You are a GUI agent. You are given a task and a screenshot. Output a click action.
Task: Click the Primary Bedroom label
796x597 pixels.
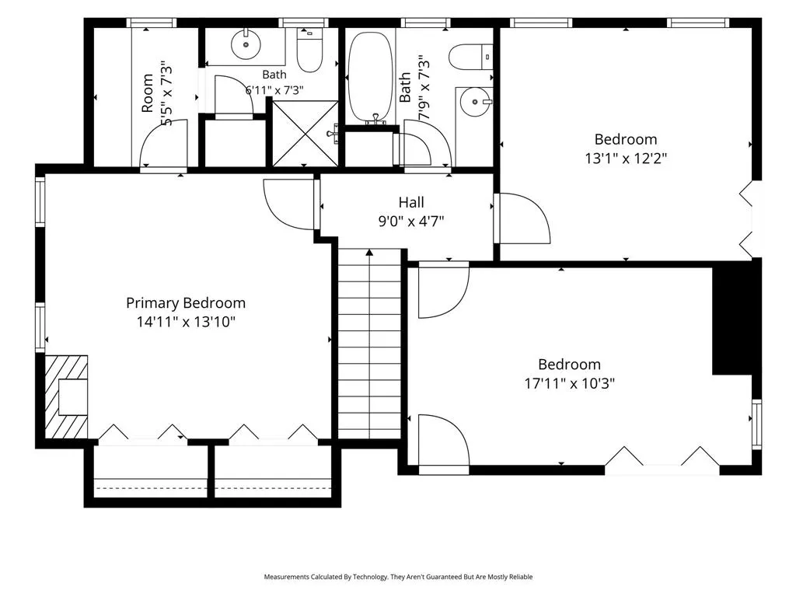coord(186,303)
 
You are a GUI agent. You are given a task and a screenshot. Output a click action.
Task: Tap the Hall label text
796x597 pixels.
coord(411,202)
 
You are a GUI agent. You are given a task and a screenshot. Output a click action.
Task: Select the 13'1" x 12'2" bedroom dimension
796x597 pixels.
coord(626,159)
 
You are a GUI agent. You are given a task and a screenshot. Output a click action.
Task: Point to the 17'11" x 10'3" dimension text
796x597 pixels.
coord(569,383)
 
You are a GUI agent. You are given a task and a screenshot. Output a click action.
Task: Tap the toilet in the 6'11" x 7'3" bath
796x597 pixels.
coord(309,51)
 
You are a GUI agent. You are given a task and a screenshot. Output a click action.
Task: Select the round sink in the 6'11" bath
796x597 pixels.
coord(246,44)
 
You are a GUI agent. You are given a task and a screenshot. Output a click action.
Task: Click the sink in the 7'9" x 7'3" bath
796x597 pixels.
coord(475,102)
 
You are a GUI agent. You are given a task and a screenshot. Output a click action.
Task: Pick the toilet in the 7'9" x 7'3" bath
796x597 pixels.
coord(470,57)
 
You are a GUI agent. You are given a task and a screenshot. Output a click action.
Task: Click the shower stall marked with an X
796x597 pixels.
coord(305,133)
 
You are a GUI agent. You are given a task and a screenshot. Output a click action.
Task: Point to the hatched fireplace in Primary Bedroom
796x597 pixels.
coord(67,396)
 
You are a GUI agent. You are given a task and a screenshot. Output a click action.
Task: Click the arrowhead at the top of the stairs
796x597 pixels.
coord(369,252)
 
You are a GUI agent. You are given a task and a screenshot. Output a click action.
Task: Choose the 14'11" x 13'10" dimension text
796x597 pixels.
coord(186,322)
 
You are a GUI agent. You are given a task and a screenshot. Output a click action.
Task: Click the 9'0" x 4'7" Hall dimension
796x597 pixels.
coord(411,222)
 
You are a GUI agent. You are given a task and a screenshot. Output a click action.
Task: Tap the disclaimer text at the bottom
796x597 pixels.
coord(398,577)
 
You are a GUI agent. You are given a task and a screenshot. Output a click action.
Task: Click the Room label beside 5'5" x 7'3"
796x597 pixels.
coord(147,93)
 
